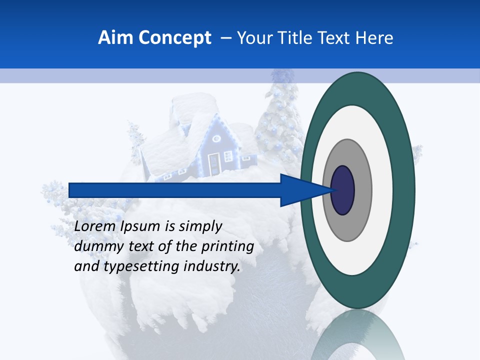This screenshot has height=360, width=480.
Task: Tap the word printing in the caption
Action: click(x=227, y=246)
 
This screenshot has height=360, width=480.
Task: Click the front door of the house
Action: click(x=213, y=164)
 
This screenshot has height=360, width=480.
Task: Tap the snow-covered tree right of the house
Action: click(x=277, y=120)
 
